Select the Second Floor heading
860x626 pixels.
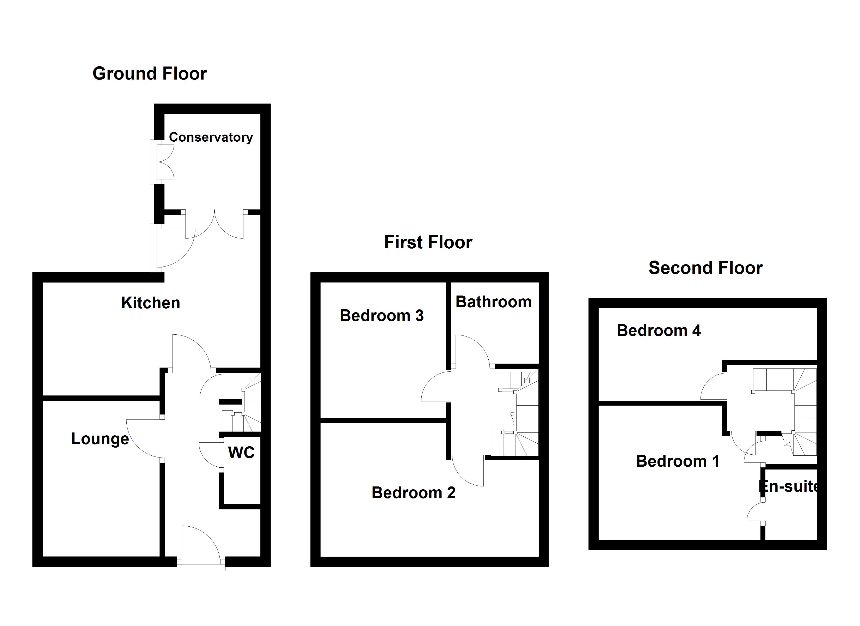tap(705, 268)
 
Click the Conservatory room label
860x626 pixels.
tap(211, 137)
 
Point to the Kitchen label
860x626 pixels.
tap(151, 303)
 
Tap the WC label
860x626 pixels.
tap(241, 453)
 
